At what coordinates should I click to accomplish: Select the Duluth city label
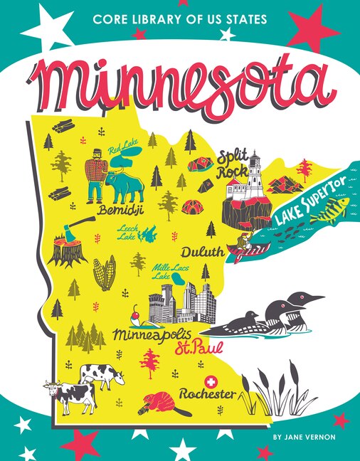point(202,252)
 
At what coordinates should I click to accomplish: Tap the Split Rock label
point(233,161)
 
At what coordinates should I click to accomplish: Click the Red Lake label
point(123,151)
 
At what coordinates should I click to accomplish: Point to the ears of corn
point(105,274)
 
